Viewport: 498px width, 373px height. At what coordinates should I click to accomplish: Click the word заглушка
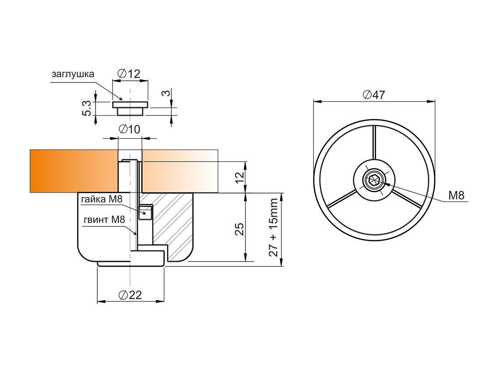point(73,75)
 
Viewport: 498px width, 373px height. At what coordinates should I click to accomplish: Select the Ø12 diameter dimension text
point(129,74)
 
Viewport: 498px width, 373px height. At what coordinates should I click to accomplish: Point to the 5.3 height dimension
point(87,108)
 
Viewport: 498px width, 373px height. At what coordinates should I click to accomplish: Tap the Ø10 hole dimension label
point(129,129)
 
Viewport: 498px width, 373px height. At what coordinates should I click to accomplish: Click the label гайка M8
point(102,199)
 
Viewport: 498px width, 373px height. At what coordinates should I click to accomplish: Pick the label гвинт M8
point(104,219)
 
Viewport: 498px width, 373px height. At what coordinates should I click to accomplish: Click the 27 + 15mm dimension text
point(274,227)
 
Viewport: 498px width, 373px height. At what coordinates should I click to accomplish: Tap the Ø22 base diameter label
point(130,295)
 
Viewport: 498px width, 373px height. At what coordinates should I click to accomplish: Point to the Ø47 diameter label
point(373,94)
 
